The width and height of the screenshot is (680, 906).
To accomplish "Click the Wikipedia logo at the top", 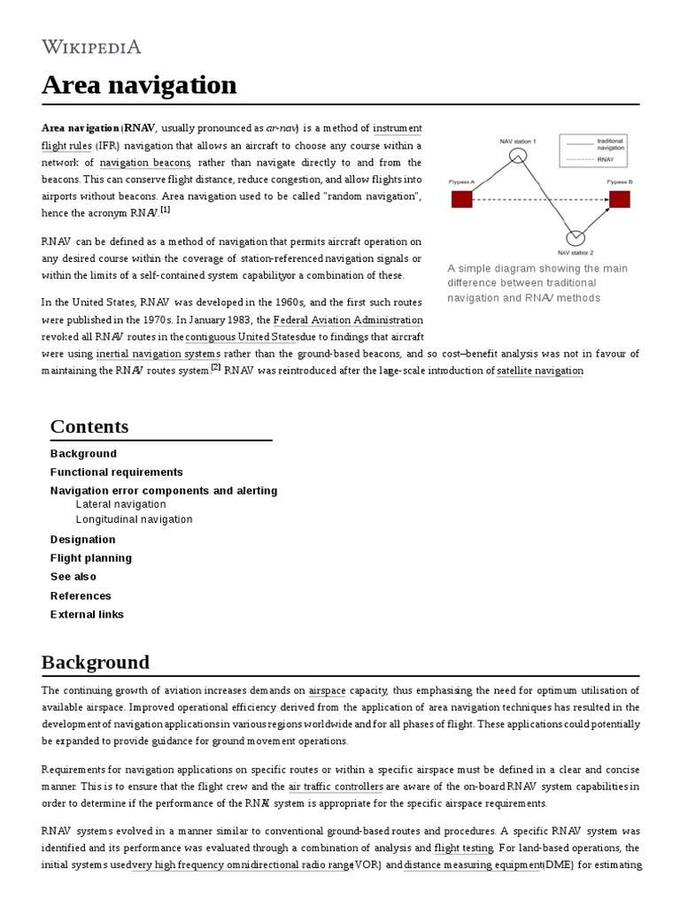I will coord(91,47).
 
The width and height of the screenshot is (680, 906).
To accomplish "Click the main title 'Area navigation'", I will coord(139,85).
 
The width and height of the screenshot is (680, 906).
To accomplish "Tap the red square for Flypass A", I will coord(462,199).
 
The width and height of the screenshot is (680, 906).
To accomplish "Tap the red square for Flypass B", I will coord(619,199).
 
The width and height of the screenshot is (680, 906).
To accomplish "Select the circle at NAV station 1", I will coord(518,157).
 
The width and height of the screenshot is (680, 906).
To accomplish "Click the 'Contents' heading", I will coord(89,426).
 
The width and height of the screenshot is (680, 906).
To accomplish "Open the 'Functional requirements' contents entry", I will coord(116,472).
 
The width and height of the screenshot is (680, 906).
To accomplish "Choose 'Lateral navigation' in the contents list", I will coord(120,504).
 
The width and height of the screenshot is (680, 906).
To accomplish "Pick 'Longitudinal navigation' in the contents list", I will coord(134,519).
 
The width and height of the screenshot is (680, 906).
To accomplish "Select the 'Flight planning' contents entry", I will coord(91,557).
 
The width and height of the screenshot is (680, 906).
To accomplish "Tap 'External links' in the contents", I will coord(87,614).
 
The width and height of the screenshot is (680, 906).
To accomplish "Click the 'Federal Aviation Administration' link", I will coord(348,319).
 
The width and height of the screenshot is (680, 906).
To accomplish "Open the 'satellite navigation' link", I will coord(539,371).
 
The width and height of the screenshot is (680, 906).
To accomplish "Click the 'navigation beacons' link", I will coord(145,163).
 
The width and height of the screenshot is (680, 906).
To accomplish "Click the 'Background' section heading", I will coord(96,663).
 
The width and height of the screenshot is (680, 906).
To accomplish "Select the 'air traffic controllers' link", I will coord(336,786).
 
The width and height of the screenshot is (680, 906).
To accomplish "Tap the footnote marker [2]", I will coord(215,368).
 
